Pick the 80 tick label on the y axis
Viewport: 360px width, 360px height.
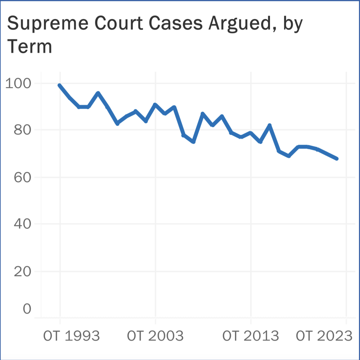coord(22,130)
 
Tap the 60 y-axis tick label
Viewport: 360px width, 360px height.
coord(22,177)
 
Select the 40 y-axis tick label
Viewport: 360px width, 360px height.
coord(22,224)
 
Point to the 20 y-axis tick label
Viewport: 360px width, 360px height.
coord(22,271)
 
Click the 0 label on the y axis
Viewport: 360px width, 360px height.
coord(27,309)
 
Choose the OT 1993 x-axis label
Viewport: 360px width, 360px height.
coord(71,336)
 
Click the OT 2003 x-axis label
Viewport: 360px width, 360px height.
coord(155,336)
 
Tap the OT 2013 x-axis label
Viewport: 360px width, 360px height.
coord(251,336)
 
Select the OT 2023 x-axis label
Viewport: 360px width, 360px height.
coord(324,336)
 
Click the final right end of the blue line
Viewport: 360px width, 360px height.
coord(337,158)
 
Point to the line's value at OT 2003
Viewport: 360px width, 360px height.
coord(155,104)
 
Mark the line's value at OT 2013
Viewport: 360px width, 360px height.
coord(251,133)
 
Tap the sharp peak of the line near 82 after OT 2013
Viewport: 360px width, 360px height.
coord(270,125)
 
